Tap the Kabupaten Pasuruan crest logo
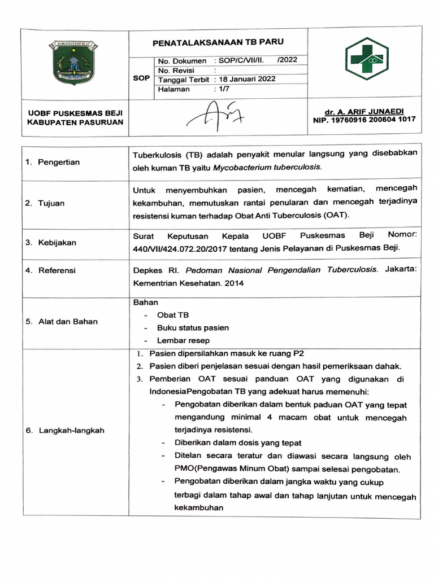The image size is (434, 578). [x=74, y=62]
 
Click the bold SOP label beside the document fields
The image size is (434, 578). [x=141, y=79]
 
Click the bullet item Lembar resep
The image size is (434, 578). [x=183, y=340]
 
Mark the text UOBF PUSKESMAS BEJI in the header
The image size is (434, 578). [x=75, y=113]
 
